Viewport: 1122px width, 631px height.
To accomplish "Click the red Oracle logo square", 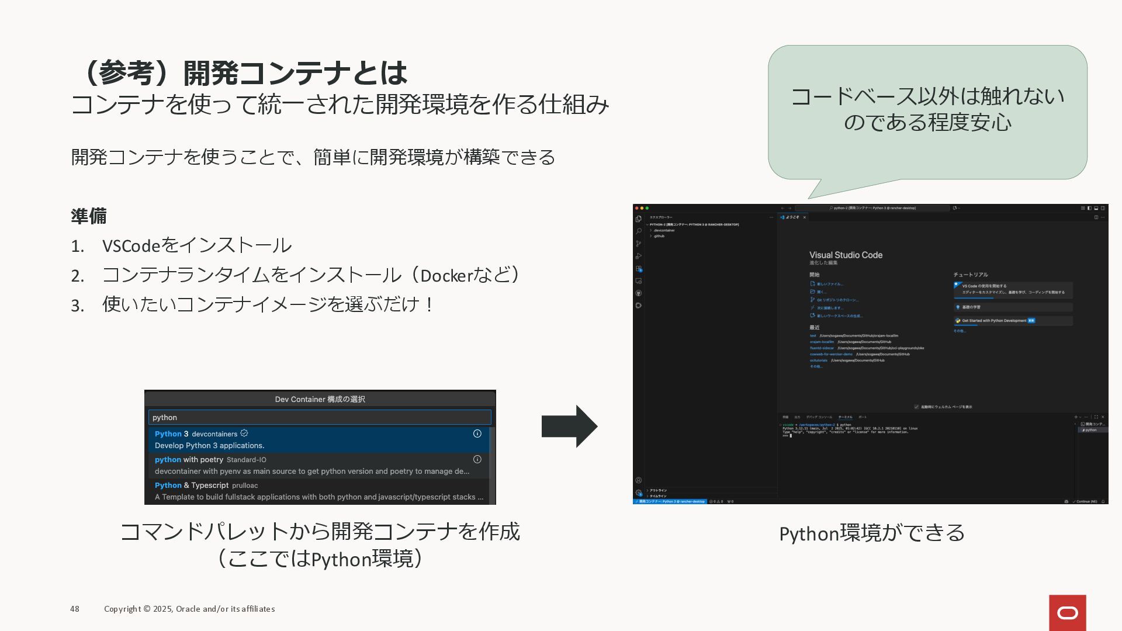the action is (x=1067, y=612).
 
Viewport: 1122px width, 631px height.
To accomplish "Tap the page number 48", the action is (x=75, y=609).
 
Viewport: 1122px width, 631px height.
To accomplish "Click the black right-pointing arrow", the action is (x=569, y=426).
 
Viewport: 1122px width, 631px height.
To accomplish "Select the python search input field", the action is (x=320, y=417).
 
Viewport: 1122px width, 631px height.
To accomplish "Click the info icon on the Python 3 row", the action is (x=477, y=434).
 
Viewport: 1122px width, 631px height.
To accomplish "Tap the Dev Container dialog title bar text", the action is (x=320, y=399).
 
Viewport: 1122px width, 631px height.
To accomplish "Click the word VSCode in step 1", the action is (x=131, y=246).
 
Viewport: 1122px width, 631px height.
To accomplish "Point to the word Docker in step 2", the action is (x=446, y=276).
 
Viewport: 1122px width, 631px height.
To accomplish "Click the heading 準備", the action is (x=89, y=216).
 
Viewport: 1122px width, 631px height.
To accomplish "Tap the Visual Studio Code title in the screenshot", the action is (x=846, y=255).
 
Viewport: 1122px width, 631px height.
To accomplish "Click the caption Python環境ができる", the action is (x=872, y=533).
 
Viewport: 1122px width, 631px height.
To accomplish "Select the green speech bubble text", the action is (x=927, y=109).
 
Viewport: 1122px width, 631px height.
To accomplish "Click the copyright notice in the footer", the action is (x=189, y=609).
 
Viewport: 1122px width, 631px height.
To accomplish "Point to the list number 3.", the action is (x=77, y=306).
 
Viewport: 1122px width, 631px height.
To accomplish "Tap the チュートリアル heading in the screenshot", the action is (x=971, y=275).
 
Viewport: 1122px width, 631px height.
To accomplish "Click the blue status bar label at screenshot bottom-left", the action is (x=670, y=501).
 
